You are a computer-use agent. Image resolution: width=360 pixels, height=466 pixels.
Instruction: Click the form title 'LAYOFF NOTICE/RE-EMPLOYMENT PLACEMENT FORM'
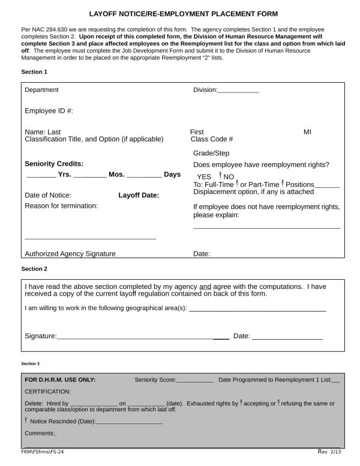pos(184,13)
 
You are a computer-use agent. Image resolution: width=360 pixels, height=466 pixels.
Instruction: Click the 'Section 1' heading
pos(34,72)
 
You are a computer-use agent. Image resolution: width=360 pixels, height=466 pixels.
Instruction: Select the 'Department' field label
pos(41,90)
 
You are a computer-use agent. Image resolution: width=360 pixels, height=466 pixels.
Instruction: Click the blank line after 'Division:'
pos(238,91)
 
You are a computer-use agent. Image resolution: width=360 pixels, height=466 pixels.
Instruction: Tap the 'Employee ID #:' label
pos(49,110)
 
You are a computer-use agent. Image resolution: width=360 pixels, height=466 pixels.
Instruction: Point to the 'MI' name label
pos(307,132)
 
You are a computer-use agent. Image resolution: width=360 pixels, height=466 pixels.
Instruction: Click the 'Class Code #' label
pos(211,139)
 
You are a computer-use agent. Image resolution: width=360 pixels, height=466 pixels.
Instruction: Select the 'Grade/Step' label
pos(211,153)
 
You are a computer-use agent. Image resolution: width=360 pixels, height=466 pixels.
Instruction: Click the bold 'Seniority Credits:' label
pos(54,164)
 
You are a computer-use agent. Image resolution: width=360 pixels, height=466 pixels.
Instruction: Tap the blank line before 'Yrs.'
pos(41,175)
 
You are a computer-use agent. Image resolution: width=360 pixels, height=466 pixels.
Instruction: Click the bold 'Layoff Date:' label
pos(139,195)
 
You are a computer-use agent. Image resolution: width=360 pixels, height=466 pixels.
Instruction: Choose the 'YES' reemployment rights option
pos(204,177)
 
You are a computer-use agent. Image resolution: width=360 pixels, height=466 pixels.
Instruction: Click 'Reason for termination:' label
pos(61,206)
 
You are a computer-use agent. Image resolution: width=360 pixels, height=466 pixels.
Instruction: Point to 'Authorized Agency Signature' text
pos(70,254)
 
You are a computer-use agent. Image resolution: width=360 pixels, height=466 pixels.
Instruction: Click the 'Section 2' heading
pos(34,269)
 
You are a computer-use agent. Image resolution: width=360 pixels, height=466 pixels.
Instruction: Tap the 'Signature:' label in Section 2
pos(41,336)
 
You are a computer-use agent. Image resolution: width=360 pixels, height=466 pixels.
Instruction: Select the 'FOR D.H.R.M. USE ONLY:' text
pos(60,380)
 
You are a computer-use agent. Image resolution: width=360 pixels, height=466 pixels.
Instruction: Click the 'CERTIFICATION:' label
pos(48,391)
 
